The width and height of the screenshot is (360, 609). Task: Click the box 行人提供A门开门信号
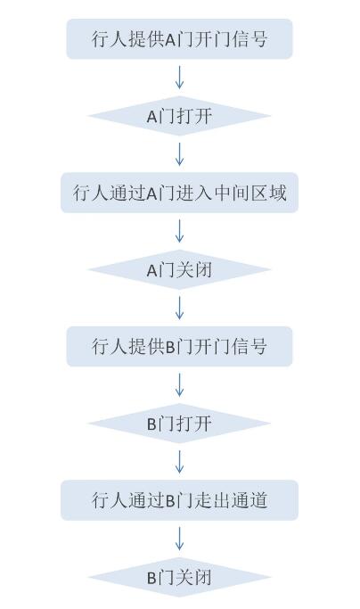point(179,39)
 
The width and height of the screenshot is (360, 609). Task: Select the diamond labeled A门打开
point(179,116)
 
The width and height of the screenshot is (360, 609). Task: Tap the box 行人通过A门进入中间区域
point(179,193)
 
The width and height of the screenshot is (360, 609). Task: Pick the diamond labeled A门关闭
point(179,269)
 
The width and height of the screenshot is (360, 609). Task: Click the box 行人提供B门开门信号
point(179,346)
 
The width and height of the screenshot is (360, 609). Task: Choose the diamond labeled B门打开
point(179,423)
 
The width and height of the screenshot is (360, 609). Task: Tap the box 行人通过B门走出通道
point(179,500)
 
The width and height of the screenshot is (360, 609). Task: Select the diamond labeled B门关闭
point(179,577)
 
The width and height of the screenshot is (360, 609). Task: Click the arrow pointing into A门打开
point(179,78)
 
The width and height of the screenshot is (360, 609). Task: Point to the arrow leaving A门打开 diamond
point(179,154)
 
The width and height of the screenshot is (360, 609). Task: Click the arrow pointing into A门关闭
point(179,231)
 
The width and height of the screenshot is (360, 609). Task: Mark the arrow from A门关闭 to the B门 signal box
point(179,308)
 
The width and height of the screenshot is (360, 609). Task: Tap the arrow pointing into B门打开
point(179,384)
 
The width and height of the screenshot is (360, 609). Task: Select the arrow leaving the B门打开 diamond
point(179,461)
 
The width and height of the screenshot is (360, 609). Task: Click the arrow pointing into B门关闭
point(179,539)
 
